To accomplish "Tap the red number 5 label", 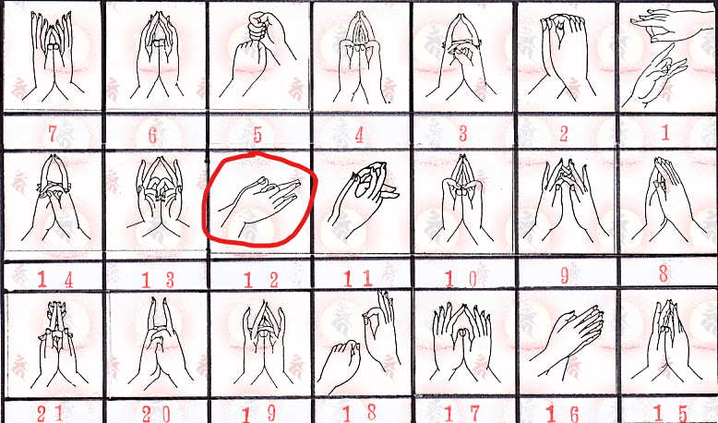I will [x=257, y=135].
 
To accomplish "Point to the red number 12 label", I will [x=259, y=278].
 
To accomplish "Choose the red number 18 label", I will [x=361, y=410].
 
